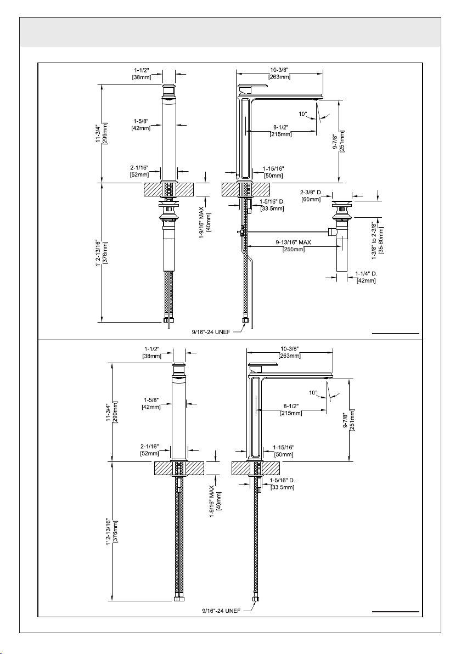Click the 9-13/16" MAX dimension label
point(293,243)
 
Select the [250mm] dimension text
point(293,250)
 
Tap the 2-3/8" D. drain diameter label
point(311,192)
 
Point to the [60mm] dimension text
point(311,199)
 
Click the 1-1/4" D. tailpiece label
point(366,274)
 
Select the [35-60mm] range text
point(381,240)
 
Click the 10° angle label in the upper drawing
point(302,114)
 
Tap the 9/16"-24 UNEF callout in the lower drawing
point(221,611)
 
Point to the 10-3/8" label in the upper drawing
point(279,70)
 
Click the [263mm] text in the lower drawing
point(290,356)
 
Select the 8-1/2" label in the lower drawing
point(291,406)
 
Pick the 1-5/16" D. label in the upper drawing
point(272,201)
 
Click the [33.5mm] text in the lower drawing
point(283,487)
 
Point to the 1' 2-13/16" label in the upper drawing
point(98,253)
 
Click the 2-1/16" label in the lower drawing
point(149,446)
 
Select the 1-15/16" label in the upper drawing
point(273,168)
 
